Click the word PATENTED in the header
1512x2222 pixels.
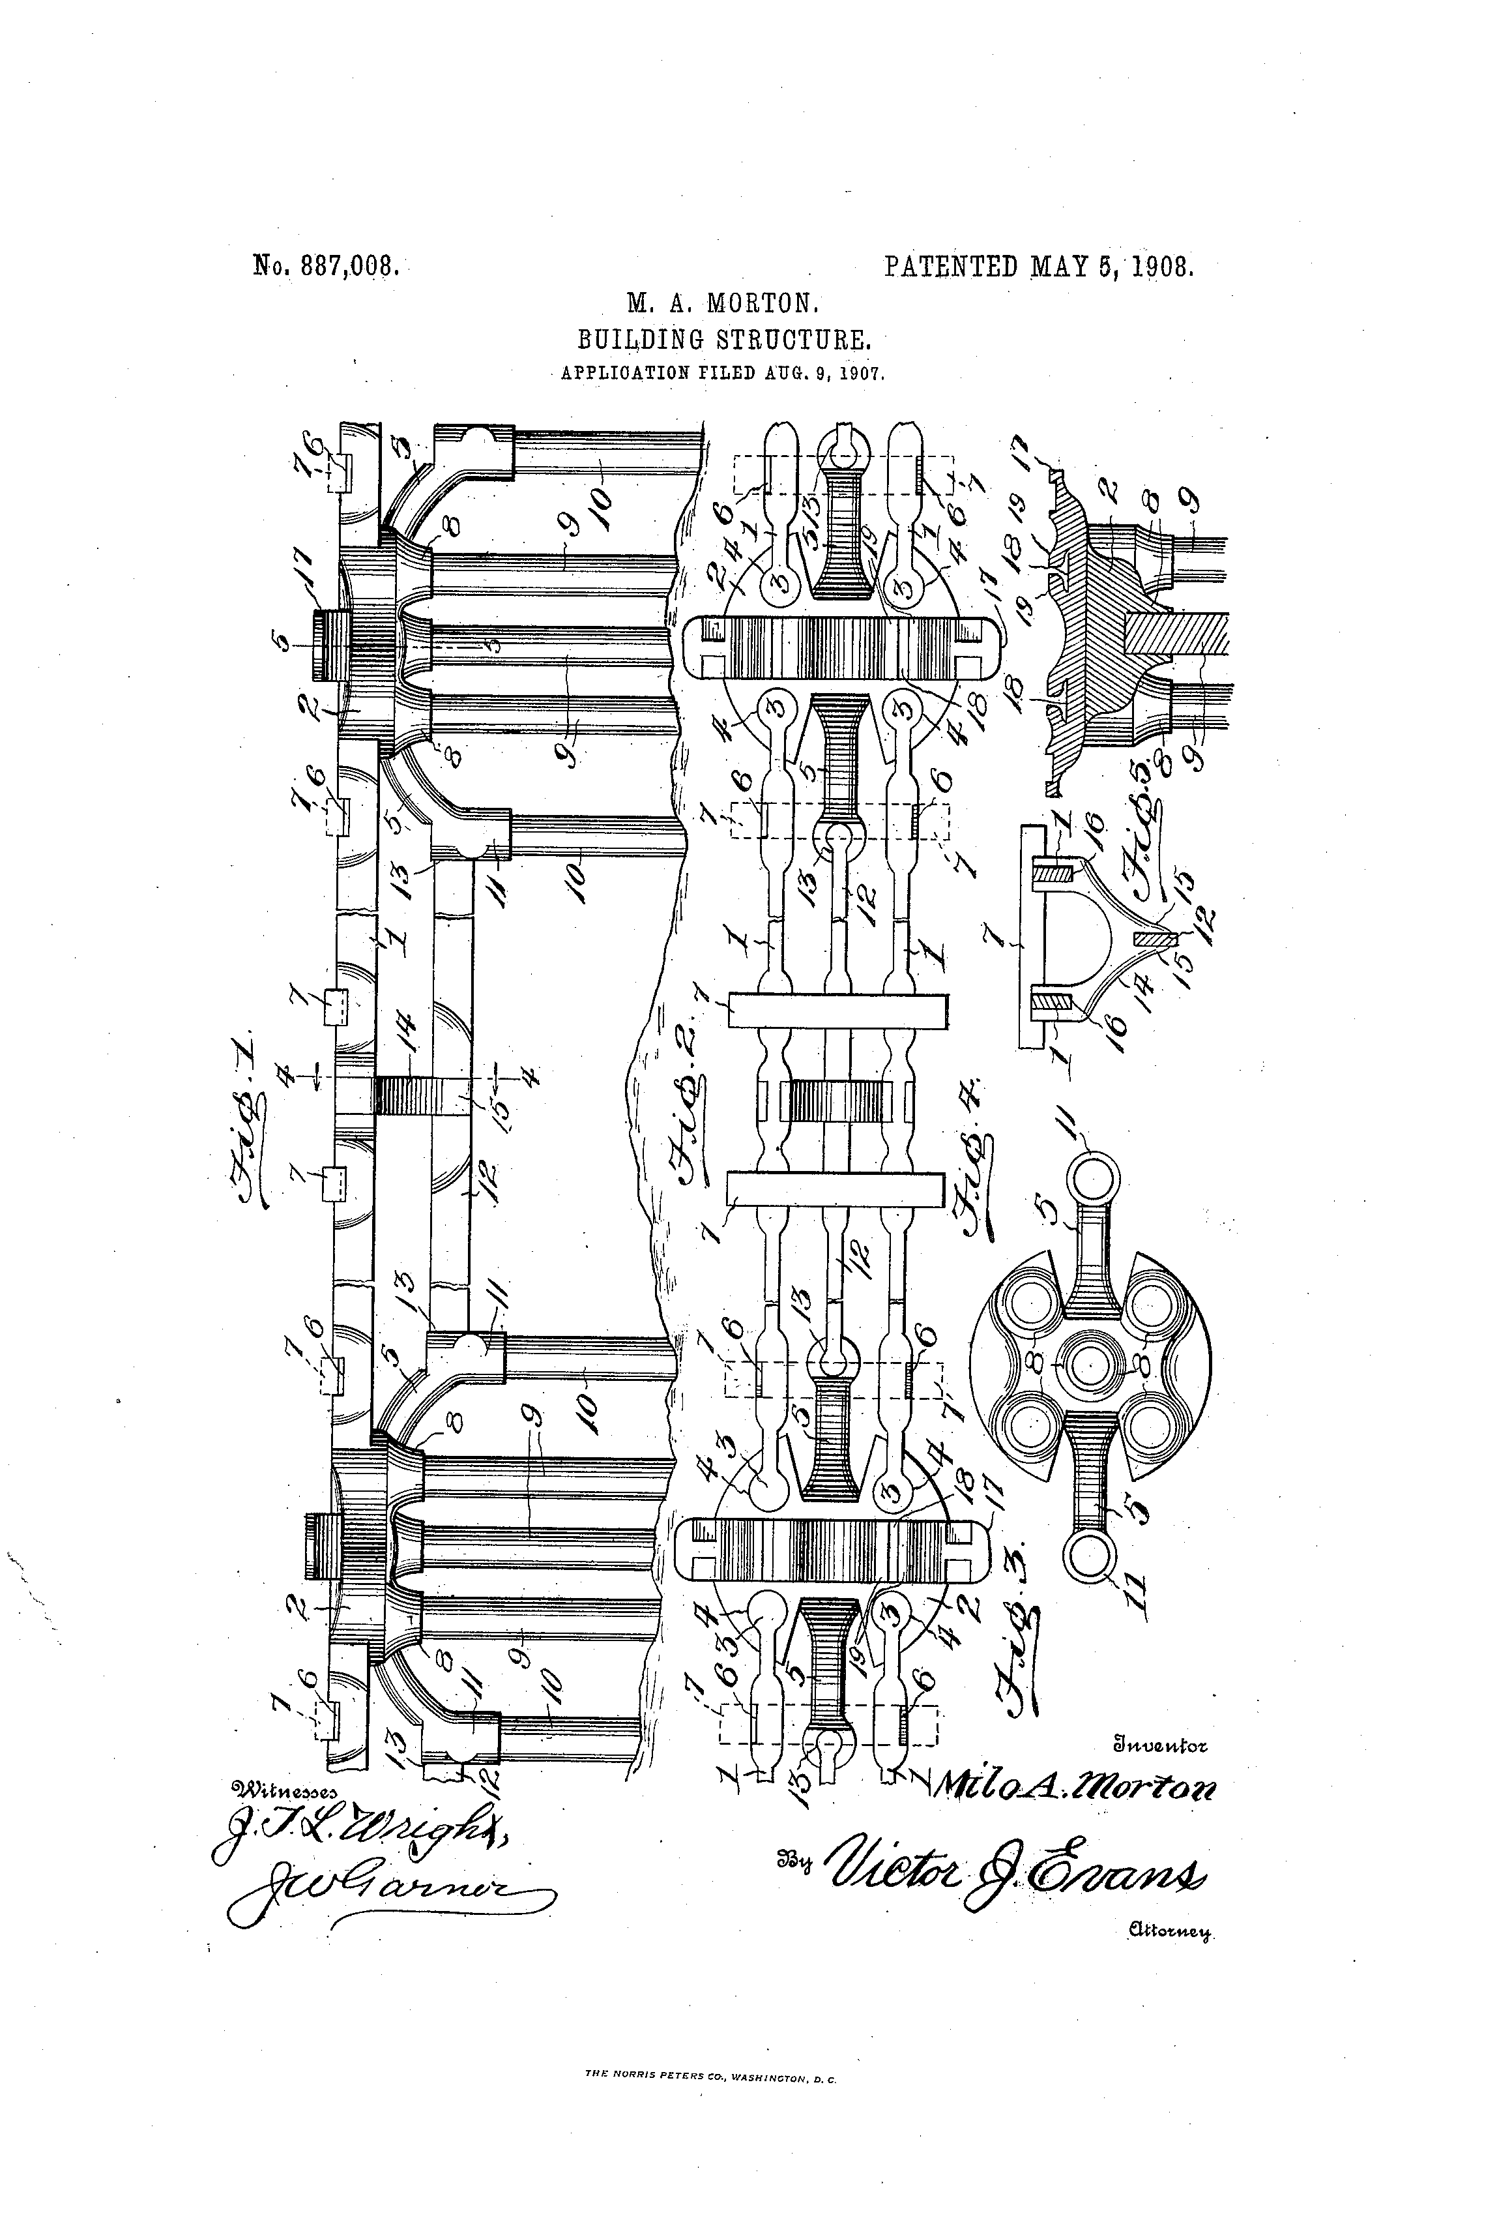951,265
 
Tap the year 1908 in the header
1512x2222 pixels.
1163,265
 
